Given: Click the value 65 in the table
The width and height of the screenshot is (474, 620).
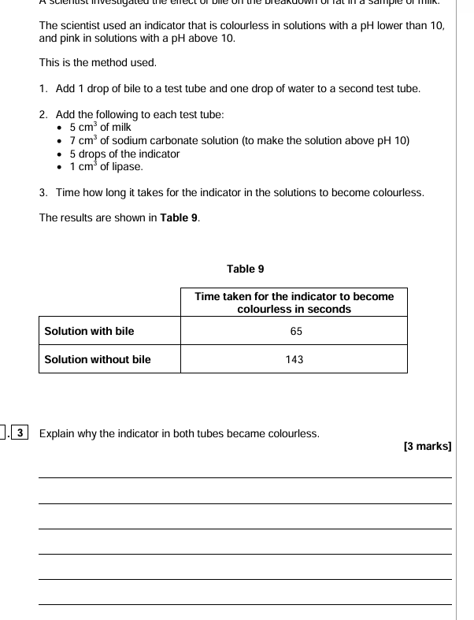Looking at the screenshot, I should (x=296, y=332).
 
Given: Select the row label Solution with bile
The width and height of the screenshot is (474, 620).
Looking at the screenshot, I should (x=89, y=332).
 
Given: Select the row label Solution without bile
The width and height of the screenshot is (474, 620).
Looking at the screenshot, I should (x=97, y=360).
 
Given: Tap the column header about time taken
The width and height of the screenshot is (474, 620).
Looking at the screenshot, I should (x=294, y=303).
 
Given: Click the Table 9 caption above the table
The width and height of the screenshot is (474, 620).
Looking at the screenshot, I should (x=246, y=269).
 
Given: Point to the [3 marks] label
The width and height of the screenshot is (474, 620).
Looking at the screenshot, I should (x=427, y=447).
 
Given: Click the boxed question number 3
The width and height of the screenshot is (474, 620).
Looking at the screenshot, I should (x=20, y=433).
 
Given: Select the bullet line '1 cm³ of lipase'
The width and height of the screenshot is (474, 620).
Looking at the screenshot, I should (x=106, y=167).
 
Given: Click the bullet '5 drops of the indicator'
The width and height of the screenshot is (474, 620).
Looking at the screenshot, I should (x=124, y=154).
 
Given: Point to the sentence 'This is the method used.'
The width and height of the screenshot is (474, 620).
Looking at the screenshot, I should (x=98, y=62).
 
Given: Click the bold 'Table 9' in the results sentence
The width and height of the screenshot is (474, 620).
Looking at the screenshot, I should (x=179, y=218).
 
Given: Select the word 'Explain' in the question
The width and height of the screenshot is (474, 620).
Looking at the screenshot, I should (x=57, y=433).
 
